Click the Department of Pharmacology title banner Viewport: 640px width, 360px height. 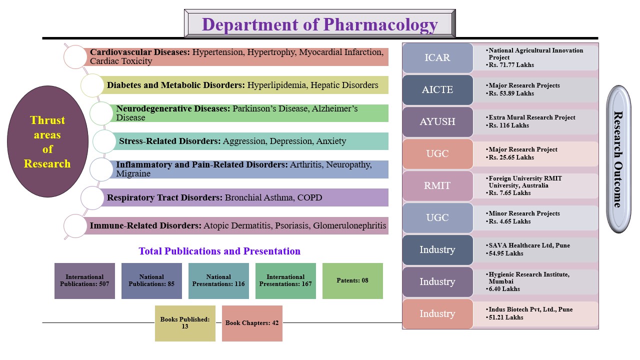[320, 24]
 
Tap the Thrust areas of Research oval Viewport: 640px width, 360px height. [47, 141]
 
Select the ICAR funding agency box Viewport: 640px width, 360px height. [437, 58]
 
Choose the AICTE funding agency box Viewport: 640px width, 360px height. [437, 90]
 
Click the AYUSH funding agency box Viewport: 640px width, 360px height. [437, 122]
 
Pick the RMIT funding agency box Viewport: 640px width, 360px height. [437, 186]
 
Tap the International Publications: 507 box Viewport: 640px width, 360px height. [84, 281]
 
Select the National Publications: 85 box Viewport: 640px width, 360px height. [151, 281]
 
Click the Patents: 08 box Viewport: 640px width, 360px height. [352, 281]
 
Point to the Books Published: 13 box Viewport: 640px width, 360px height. [185, 323]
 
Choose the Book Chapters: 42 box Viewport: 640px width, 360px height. [252, 323]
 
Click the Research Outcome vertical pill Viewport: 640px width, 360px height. [617, 159]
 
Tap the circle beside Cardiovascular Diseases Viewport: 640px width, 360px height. [75, 57]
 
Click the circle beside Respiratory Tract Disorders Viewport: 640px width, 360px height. [92, 198]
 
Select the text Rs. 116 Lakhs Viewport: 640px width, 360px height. [508, 125]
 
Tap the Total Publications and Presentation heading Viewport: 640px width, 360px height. [219, 251]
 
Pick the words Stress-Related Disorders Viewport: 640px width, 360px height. [169, 141]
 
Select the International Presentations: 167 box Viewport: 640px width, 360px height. [285, 281]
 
